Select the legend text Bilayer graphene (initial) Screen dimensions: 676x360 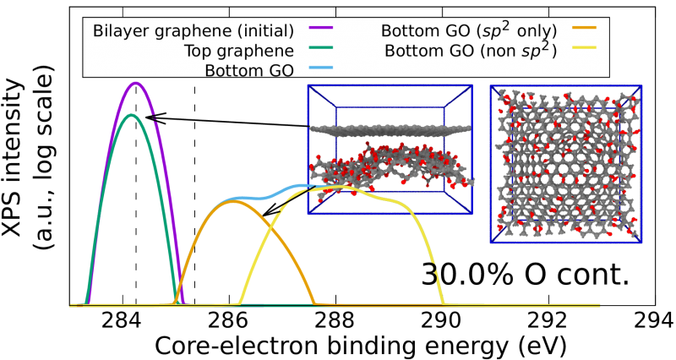tap(194, 31)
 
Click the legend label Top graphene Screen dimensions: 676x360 tap(239, 51)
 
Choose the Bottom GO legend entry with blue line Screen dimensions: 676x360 tap(249, 70)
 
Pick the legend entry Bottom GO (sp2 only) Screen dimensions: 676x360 tap(469, 30)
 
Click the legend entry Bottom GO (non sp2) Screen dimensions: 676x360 tap(471, 51)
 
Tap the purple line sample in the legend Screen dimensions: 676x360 tap(321, 27)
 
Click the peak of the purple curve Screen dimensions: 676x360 tap(136, 83)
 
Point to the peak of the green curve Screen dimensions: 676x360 tap(132, 115)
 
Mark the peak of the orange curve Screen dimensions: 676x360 tap(232, 201)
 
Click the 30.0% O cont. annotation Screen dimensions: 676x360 tap(525, 274)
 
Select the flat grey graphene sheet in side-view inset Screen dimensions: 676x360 tap(390, 130)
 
